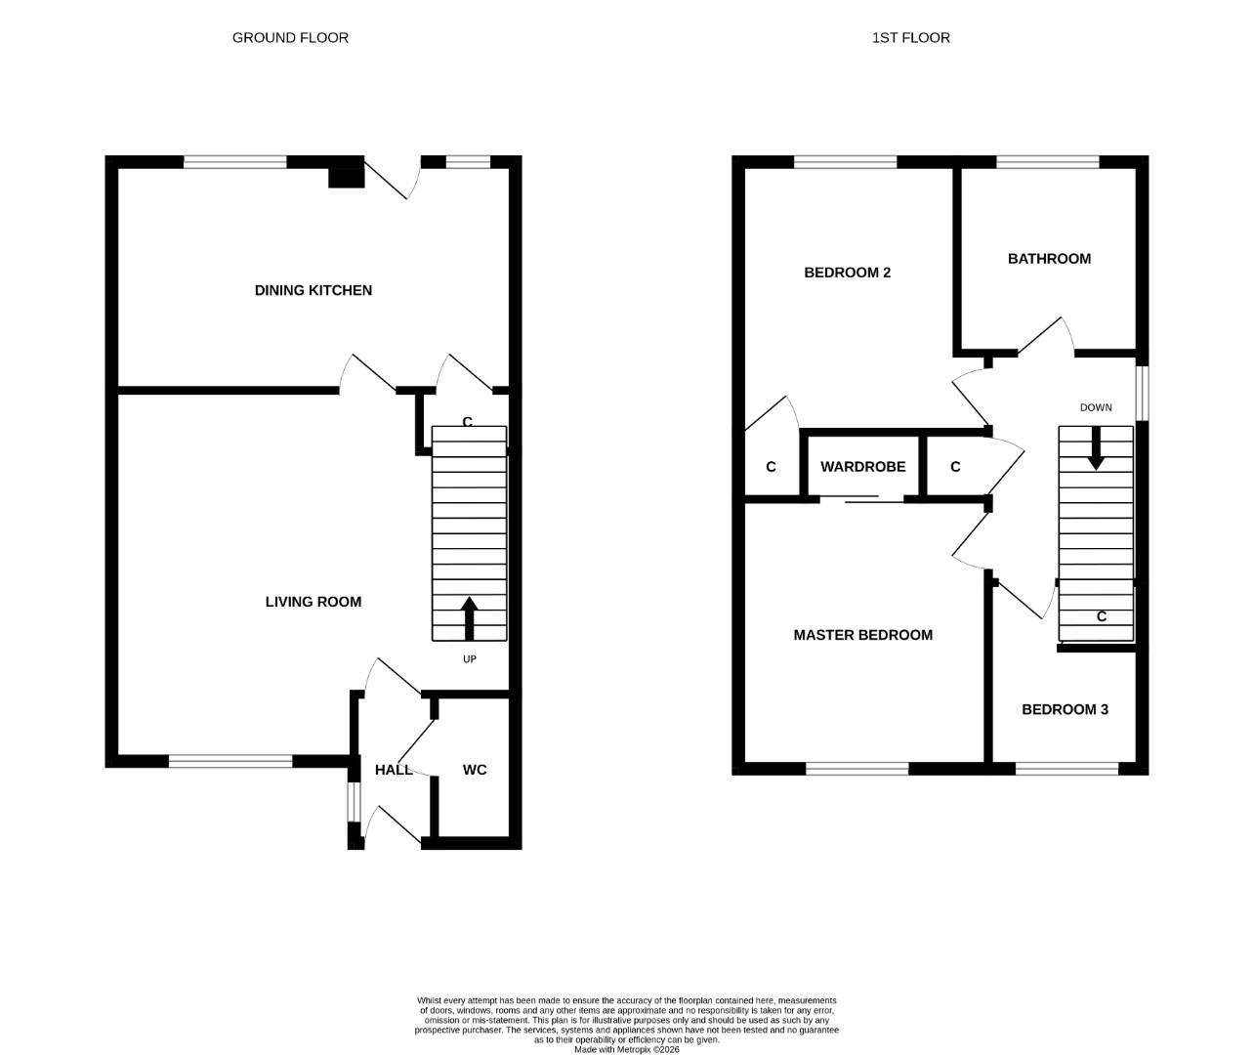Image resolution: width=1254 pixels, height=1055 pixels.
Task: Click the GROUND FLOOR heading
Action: coord(290,38)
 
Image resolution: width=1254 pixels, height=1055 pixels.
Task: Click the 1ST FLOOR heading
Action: coord(910,38)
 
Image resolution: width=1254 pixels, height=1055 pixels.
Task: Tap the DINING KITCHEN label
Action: coord(313,290)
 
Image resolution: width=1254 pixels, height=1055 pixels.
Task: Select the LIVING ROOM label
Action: coord(313,602)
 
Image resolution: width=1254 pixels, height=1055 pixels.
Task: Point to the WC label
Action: coord(475,770)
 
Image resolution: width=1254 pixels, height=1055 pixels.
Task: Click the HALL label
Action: coord(393,770)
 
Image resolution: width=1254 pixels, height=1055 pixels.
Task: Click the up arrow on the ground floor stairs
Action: coord(469,617)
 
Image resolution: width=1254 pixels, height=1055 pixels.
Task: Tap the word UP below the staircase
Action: coord(469,659)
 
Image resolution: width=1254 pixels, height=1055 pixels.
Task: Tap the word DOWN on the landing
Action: coord(1096,407)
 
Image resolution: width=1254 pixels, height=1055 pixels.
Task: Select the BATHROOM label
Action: coord(1049,259)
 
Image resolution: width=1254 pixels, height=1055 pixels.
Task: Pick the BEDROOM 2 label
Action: coord(847,273)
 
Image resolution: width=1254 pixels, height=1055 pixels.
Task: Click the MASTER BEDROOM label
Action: coord(862,635)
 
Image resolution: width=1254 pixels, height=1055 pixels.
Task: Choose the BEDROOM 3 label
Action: coord(1065,709)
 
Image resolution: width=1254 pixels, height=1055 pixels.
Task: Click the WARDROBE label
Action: coord(862,467)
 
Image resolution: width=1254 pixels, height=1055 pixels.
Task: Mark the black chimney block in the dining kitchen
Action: coord(346,176)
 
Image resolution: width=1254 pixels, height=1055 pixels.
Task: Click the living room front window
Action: coord(230,761)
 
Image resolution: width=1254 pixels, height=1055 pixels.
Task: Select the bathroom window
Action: coord(1047,162)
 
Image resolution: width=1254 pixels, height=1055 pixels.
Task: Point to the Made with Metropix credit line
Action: coord(626,1049)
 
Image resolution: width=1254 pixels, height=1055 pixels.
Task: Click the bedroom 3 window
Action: coord(1066,769)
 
